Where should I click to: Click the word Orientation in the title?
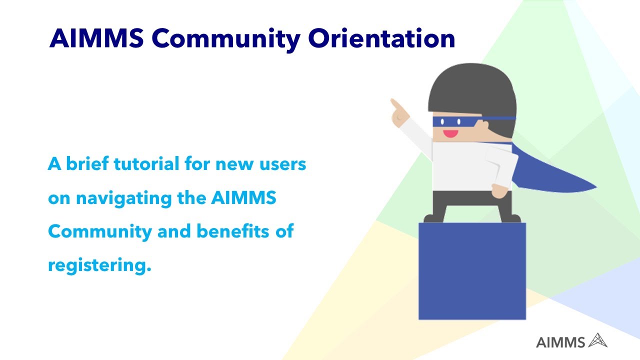381,39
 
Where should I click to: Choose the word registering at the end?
99,265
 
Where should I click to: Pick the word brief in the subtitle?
87,163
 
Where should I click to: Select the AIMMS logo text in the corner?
560,342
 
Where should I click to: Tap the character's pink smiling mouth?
450,133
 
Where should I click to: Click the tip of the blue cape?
594,188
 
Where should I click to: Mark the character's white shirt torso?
462,165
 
